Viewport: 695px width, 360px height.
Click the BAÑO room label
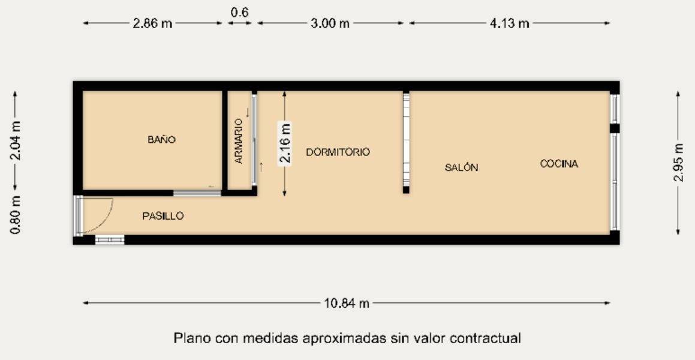click(161, 140)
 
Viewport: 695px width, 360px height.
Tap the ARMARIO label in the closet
click(239, 142)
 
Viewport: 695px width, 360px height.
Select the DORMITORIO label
click(338, 152)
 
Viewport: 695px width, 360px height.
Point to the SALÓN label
click(461, 167)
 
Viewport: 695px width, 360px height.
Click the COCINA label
click(559, 164)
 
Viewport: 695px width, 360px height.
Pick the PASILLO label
click(163, 216)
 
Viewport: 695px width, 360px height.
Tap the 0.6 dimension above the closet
click(239, 13)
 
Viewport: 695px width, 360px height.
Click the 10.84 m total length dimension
click(347, 303)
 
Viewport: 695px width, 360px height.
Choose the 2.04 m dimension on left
click(17, 141)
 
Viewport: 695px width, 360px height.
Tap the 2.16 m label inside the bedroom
click(285, 143)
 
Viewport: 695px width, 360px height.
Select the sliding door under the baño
click(197, 193)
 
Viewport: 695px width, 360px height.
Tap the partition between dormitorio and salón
click(406, 142)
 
